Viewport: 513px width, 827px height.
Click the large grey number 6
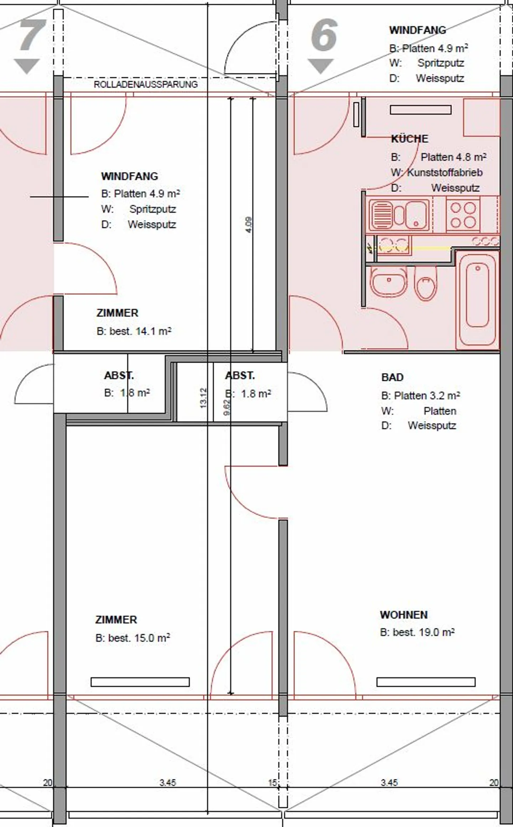pos(323,34)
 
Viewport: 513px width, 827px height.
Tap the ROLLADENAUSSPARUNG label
pos(145,84)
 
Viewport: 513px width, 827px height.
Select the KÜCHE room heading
pos(409,138)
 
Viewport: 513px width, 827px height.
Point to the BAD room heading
pos(392,377)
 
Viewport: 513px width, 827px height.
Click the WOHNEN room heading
pos(404,615)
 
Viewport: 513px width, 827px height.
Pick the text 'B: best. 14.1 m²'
pos(134,331)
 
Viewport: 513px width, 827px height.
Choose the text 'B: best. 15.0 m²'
pos(133,638)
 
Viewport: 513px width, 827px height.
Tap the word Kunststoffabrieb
pos(445,172)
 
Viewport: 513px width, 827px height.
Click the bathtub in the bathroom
pos(477,300)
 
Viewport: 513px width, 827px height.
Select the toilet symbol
pos(426,283)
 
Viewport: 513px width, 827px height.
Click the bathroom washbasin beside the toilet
pos(388,281)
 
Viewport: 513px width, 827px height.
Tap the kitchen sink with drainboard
pos(399,214)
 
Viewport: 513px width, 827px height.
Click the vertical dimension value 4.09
pos(249,225)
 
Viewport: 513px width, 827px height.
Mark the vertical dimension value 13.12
pos(203,398)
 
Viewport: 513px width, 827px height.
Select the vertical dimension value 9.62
pos(227,408)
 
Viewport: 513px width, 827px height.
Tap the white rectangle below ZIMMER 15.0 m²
pos(140,682)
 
